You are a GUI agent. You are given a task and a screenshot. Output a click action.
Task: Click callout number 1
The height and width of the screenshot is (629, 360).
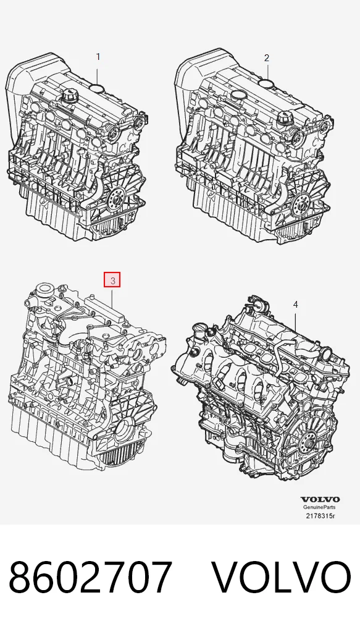click(98, 57)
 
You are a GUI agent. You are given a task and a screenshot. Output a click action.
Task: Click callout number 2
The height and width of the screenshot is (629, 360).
click(267, 58)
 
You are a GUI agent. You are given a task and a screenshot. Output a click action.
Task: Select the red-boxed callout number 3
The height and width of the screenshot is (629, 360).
click(112, 280)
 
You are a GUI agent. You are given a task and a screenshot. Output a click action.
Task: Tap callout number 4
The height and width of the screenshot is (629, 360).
click(295, 305)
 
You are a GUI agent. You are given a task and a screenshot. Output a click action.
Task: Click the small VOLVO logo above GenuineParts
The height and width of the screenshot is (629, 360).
click(320, 499)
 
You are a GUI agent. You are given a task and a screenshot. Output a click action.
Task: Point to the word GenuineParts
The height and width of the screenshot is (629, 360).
click(319, 507)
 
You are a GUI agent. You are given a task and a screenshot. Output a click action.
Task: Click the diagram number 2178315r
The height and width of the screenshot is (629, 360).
click(320, 515)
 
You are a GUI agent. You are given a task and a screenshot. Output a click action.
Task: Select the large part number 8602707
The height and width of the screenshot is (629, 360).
click(90, 578)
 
